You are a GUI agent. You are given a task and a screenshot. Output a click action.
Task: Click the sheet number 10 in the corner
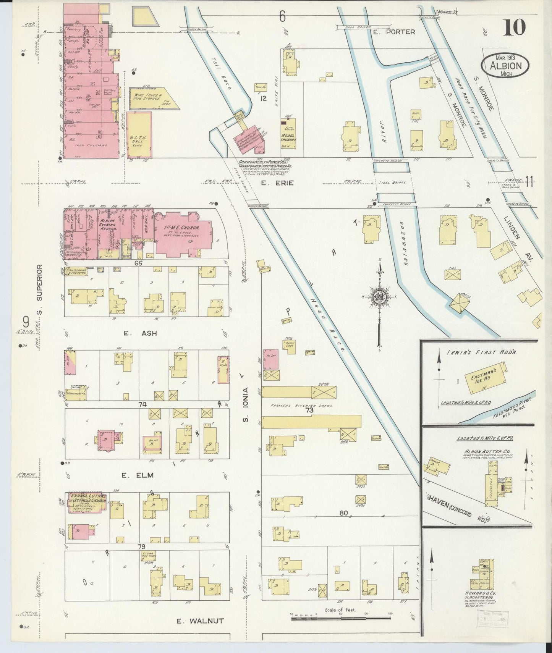pos(514,27)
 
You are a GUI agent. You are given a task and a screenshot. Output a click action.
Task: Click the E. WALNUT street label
pos(200,621)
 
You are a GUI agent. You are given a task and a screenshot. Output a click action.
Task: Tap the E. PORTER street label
pos(394,32)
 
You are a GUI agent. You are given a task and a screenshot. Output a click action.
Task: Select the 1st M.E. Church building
pos(183,234)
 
